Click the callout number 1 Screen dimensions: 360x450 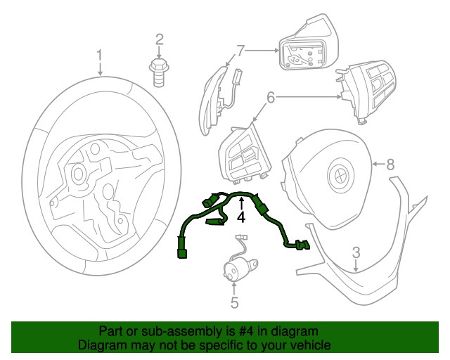click(100, 55)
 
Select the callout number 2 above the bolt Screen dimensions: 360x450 click(160, 39)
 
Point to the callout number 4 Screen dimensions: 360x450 click(240, 218)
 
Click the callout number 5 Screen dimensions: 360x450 click(235, 302)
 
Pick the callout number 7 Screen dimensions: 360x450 click(241, 51)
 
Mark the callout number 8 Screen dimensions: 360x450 click(390, 165)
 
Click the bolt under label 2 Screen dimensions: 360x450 click(160, 70)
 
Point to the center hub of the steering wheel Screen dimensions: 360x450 click(78, 172)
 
